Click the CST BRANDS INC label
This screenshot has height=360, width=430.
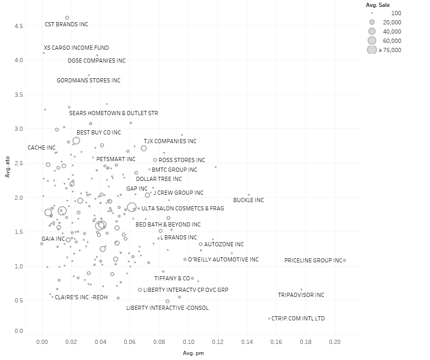[66, 24]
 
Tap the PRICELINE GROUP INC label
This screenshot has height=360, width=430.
[313, 261]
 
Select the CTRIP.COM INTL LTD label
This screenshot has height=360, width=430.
[298, 319]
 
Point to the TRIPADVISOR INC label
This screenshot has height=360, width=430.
[301, 295]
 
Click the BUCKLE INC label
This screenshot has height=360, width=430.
[248, 200]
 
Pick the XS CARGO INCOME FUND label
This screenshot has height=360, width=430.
[76, 48]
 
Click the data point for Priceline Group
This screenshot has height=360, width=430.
[344, 260]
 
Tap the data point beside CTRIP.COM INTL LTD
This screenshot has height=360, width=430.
[269, 319]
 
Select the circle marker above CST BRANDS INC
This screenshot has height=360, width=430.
[67, 18]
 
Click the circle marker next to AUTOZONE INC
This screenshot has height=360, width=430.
[201, 244]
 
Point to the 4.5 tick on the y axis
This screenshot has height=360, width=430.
[18, 26]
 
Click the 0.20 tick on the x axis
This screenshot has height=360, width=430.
[335, 342]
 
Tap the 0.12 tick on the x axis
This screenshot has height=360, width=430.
[218, 342]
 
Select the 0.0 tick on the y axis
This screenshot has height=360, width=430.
[18, 331]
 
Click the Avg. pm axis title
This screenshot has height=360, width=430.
[193, 353]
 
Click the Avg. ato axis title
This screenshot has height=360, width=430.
[7, 167]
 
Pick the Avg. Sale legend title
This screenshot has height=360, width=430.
[377, 5]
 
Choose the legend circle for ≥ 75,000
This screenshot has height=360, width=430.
[372, 50]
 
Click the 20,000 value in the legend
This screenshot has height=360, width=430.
[392, 23]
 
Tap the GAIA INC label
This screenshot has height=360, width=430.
[53, 239]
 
